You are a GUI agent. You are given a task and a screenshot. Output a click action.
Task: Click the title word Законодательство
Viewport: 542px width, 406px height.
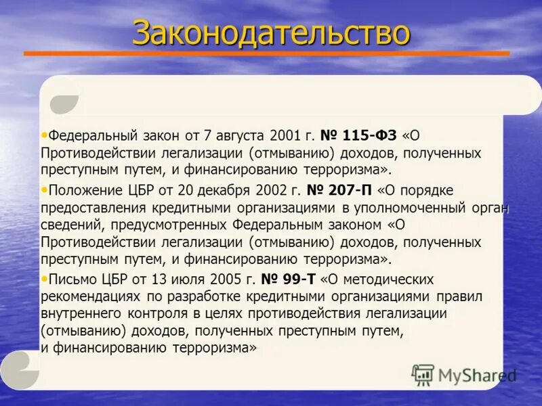271,32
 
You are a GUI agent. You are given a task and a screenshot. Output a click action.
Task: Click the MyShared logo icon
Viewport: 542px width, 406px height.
423,375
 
